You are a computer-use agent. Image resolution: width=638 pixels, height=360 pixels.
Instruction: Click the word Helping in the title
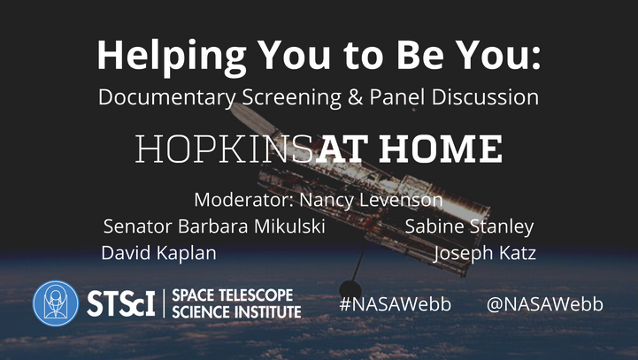(x=172, y=57)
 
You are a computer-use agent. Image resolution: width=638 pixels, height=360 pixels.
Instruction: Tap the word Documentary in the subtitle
(x=167, y=97)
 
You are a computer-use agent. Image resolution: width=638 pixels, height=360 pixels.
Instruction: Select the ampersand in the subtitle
(x=355, y=97)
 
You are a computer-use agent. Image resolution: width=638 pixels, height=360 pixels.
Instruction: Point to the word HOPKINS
(x=225, y=149)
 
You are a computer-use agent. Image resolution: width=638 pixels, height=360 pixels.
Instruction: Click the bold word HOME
(x=441, y=149)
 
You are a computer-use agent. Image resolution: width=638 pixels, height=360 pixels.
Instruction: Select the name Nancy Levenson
(x=371, y=200)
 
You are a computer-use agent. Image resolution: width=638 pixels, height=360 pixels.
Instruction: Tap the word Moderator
(x=243, y=200)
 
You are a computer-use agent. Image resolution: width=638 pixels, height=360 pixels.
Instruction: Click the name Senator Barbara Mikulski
(x=214, y=226)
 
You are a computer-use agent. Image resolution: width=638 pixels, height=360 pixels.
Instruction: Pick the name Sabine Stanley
(x=469, y=227)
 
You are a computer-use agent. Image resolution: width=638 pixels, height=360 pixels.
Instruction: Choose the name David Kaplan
(x=158, y=253)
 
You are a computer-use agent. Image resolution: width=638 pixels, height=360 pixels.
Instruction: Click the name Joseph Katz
(x=484, y=253)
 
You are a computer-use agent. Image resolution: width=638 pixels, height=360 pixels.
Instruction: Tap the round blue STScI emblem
(x=56, y=303)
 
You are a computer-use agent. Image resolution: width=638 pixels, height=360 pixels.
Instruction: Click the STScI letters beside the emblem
(x=121, y=303)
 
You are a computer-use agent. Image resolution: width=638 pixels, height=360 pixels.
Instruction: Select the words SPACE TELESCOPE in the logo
(x=233, y=295)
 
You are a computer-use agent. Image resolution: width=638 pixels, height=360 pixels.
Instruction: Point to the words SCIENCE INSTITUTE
(x=236, y=312)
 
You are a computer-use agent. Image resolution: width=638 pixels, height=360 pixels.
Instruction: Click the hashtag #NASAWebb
(x=395, y=304)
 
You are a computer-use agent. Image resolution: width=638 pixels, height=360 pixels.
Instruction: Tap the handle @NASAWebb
(x=545, y=304)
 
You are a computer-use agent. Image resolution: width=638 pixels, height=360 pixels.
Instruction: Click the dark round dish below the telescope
(x=350, y=290)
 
